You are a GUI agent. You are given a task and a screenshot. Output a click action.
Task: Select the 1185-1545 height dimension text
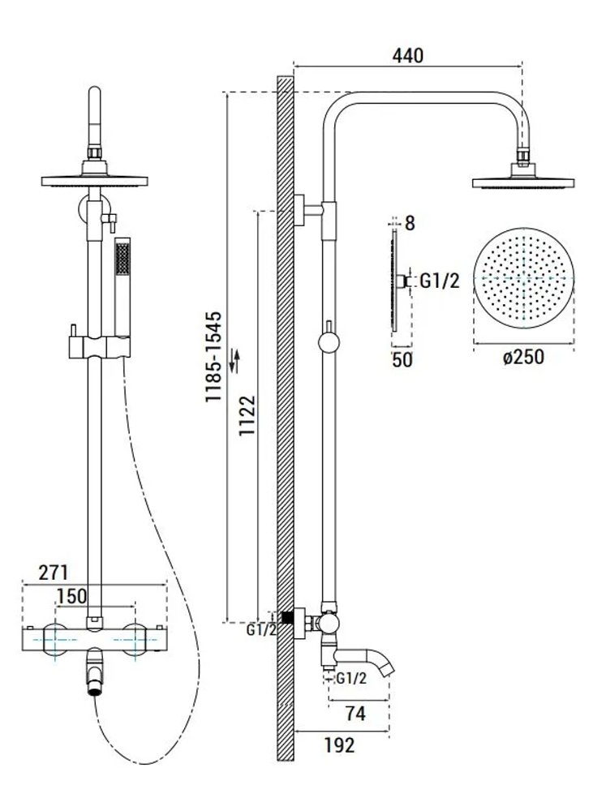tap(213, 357)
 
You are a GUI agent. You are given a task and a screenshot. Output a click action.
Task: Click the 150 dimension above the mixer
tap(71, 595)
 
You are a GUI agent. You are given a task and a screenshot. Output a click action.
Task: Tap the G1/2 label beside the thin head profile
tap(440, 281)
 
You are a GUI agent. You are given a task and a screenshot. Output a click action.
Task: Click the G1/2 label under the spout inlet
tap(351, 679)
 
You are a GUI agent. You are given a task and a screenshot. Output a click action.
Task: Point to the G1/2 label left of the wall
tap(262, 629)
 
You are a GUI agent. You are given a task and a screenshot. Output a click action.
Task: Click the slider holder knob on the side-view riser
tap(329, 344)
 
